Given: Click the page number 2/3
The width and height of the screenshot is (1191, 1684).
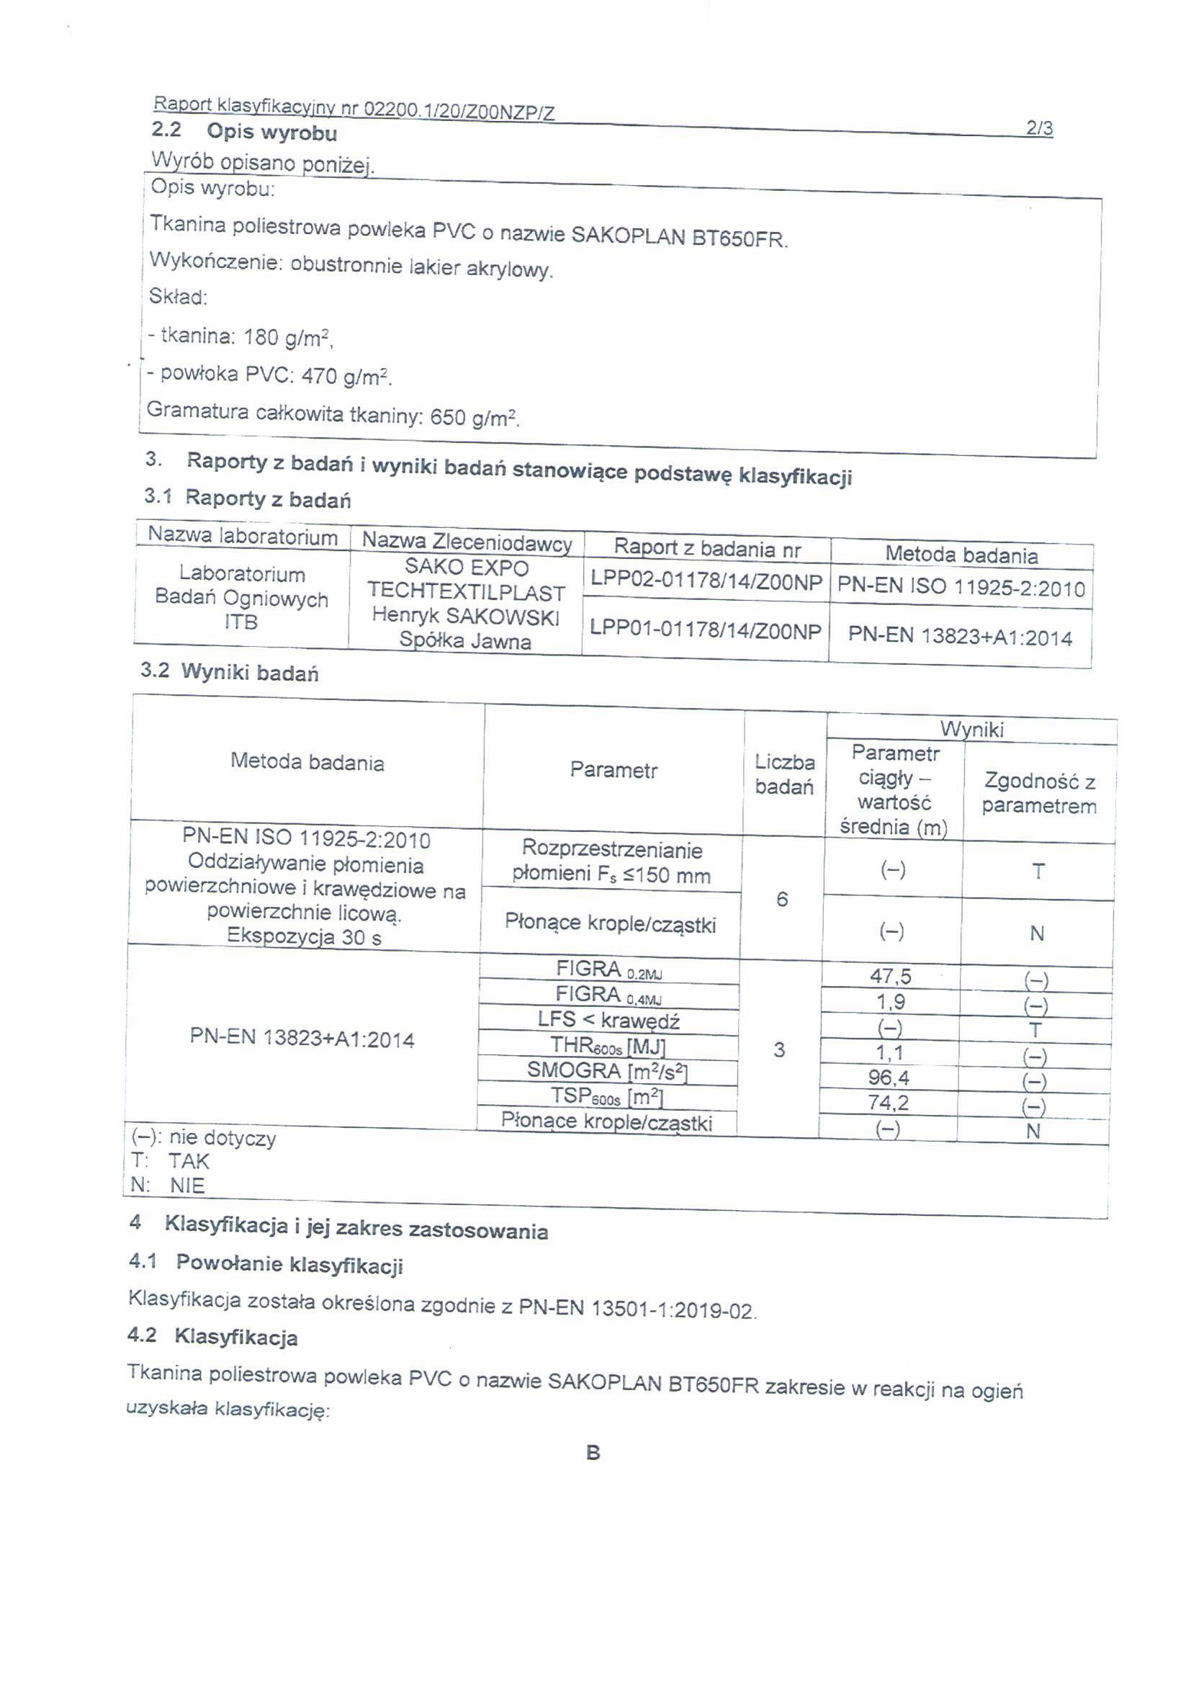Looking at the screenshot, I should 1039,129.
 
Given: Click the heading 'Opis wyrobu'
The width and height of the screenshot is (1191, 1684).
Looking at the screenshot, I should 271,133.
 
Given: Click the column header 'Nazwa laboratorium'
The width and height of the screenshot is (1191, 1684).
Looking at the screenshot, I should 243,536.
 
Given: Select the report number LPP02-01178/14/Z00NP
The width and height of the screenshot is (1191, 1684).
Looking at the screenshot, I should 706,580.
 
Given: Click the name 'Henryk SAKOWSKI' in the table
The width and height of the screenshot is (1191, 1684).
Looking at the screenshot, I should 466,616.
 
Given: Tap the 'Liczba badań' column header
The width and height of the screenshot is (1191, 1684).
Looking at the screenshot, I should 784,774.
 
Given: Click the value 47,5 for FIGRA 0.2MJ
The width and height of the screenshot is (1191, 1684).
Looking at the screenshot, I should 890,976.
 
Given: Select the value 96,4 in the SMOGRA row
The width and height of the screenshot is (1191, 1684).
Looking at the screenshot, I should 889,1078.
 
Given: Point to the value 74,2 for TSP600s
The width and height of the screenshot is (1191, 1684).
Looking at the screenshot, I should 888,1102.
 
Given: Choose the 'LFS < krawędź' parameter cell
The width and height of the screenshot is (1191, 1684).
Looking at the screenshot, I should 608,1020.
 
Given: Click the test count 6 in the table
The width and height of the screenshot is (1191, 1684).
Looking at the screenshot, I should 782,899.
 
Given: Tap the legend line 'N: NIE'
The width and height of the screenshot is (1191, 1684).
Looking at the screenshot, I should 168,1186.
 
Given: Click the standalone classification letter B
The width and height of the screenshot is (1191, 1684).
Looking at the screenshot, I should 593,1453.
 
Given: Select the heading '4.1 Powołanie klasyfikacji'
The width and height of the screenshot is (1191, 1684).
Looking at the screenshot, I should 266,1264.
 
